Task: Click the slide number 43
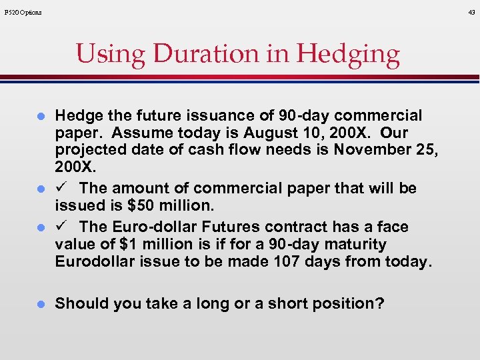coord(471,12)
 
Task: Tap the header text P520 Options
coord(23,12)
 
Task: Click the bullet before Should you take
coord(40,304)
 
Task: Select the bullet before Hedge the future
coord(40,116)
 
